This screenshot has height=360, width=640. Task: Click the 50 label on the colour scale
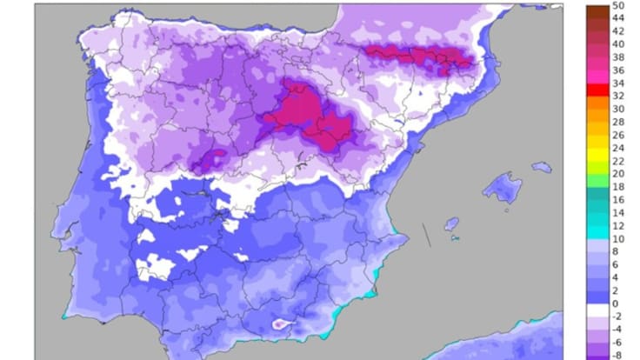(x=618, y=6)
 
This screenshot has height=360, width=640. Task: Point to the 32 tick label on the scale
(x=617, y=97)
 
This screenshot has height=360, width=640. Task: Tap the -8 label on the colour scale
(x=616, y=356)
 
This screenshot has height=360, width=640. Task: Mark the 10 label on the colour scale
(x=617, y=239)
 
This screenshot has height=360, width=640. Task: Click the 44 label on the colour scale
(x=617, y=17)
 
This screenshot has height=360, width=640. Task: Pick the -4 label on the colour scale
(x=616, y=330)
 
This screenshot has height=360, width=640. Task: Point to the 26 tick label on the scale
(x=617, y=135)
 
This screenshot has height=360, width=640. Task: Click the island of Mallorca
(x=502, y=188)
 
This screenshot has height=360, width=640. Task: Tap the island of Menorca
(x=542, y=166)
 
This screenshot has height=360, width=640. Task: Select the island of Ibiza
(x=451, y=224)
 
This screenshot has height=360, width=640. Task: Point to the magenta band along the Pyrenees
(x=417, y=57)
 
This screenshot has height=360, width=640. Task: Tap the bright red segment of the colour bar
(x=597, y=90)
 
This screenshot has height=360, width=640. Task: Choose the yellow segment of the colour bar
(x=597, y=155)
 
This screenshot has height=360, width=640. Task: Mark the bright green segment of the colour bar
(x=597, y=181)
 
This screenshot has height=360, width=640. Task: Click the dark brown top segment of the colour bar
(x=597, y=12)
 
